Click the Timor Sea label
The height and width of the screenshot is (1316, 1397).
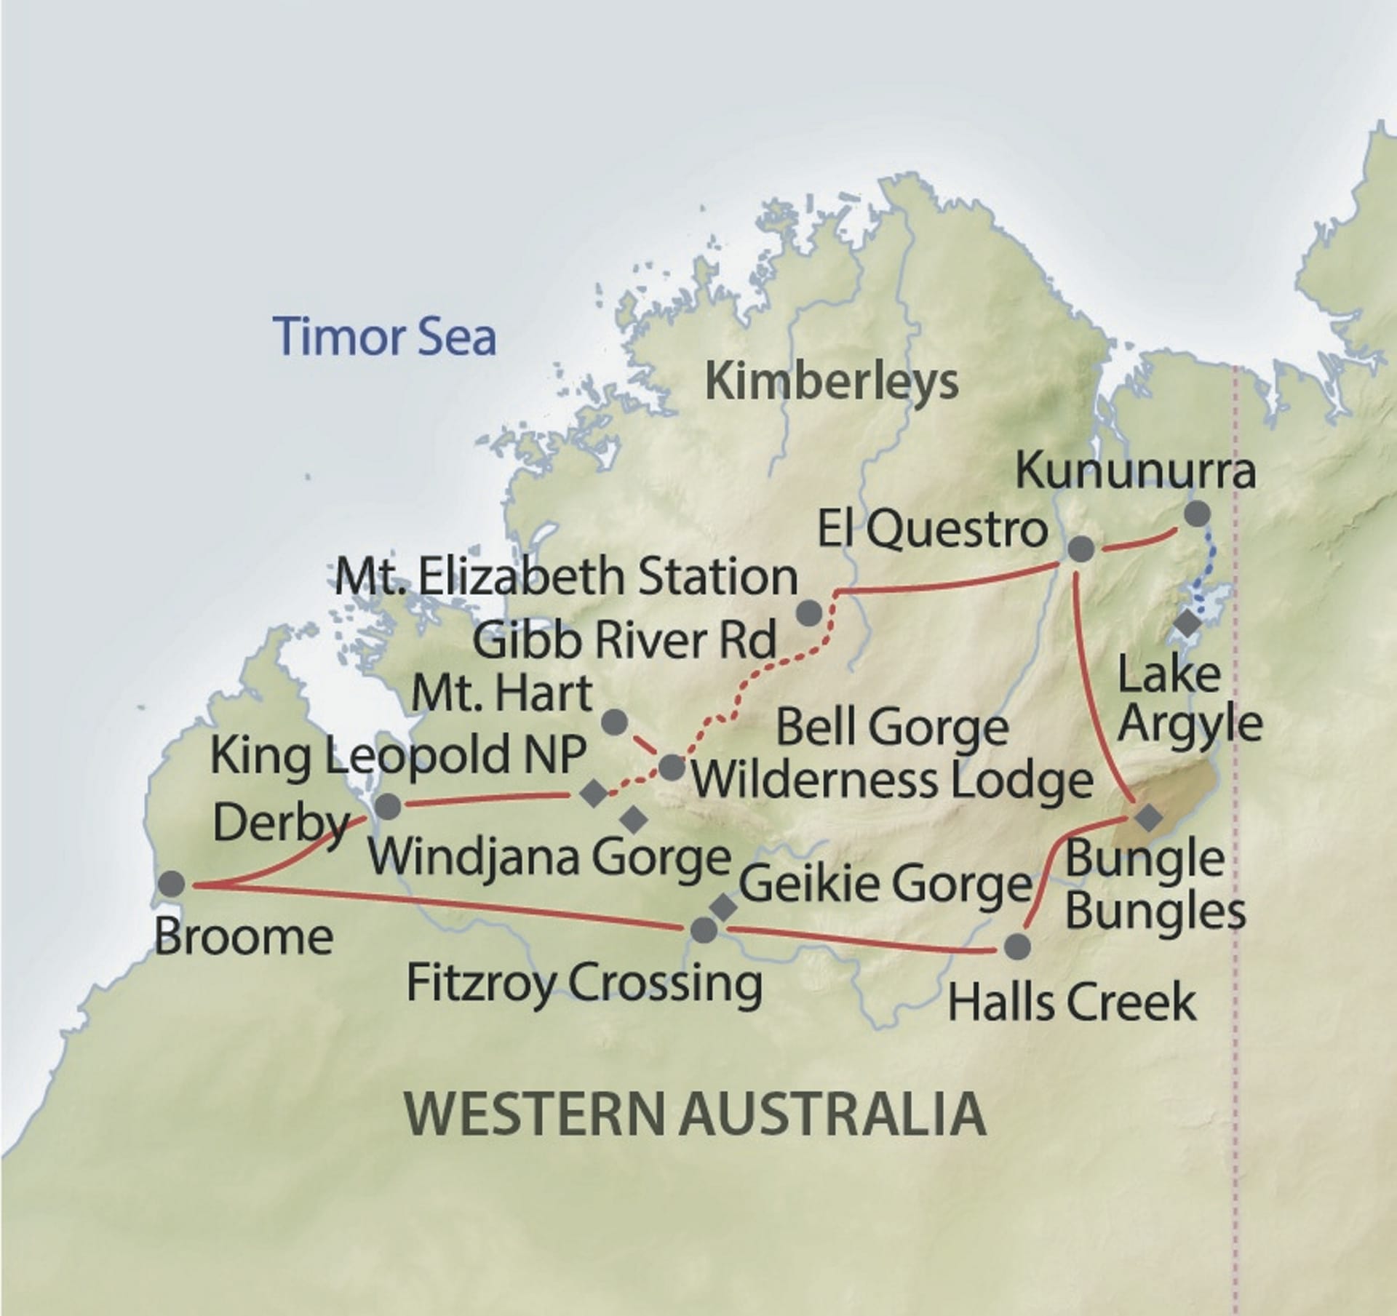click(386, 336)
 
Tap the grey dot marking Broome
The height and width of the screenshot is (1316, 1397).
click(172, 884)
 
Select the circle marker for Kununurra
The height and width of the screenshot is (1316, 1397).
click(1197, 514)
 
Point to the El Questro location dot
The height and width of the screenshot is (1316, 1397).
click(1080, 549)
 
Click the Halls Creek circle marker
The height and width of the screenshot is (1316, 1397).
click(1016, 946)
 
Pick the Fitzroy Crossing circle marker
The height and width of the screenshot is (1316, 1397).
click(702, 930)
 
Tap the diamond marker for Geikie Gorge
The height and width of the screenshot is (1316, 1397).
click(723, 906)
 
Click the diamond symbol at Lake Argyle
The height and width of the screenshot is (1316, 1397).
click(1189, 623)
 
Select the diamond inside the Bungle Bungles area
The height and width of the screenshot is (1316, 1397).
click(1150, 817)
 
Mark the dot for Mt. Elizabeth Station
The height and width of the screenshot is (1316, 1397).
click(809, 613)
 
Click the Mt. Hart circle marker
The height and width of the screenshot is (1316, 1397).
click(615, 722)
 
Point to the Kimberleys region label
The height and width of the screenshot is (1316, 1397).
click(832, 381)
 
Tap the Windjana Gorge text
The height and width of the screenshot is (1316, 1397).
click(549, 857)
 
